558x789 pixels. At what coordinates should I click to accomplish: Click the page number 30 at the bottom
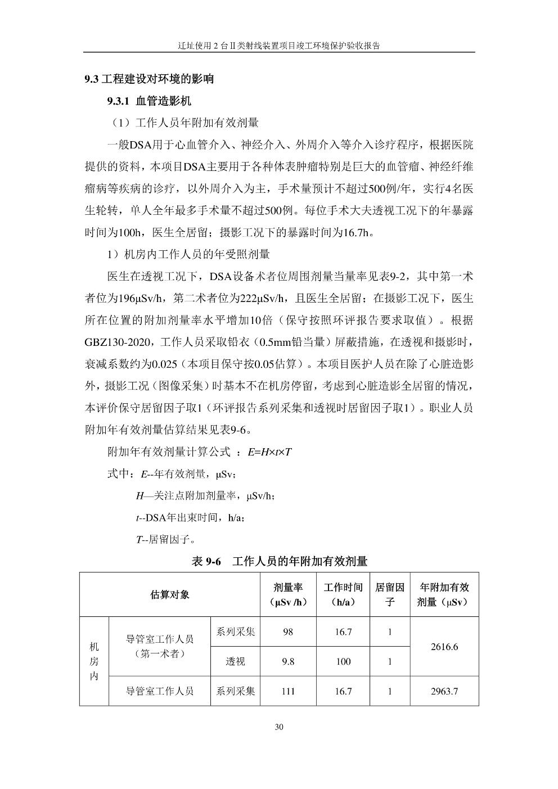point(279,727)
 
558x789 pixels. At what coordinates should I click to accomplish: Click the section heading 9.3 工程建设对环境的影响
point(149,79)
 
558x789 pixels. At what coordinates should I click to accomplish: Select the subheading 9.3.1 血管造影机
point(149,101)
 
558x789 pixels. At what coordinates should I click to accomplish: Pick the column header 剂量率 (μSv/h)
point(288,594)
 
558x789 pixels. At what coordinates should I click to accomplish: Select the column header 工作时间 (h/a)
point(343,594)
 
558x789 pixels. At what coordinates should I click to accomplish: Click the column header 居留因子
point(390,594)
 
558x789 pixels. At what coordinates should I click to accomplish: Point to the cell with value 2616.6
point(444,647)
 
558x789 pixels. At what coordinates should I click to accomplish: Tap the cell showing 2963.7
point(444,691)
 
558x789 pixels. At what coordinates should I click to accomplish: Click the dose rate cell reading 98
point(288,632)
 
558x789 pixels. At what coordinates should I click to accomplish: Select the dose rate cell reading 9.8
point(288,661)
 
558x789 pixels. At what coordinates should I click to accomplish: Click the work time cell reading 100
point(343,661)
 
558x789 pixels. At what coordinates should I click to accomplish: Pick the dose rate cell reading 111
point(288,691)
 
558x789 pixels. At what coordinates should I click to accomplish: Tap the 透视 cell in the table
point(235,661)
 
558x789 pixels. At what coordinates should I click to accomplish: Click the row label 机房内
point(94,661)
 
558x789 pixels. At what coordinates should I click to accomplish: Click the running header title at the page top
point(279,46)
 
